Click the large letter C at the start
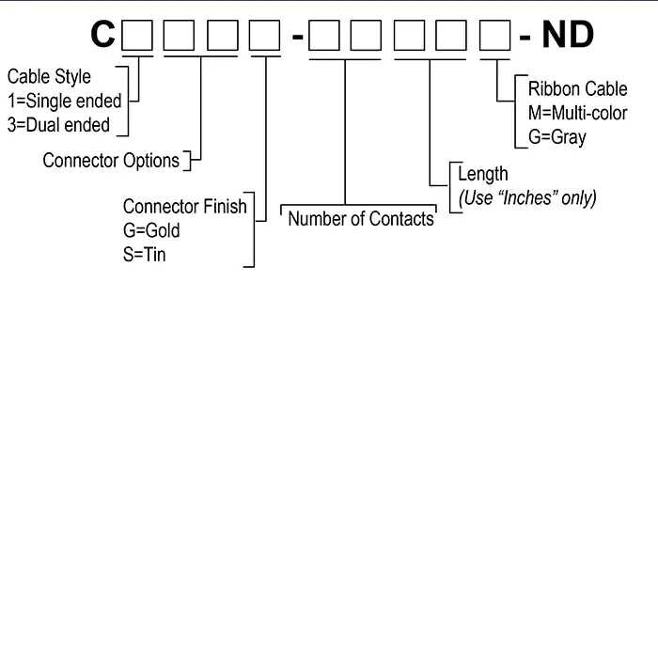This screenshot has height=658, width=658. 102,35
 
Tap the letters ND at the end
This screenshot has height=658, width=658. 568,35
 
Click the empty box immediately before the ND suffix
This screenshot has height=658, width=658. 495,35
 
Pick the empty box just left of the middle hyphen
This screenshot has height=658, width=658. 265,35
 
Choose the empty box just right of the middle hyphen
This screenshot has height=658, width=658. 324,35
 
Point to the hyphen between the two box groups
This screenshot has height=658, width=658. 296,38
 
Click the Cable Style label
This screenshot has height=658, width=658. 49,77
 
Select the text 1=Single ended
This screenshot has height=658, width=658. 64,102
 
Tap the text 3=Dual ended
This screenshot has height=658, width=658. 58,125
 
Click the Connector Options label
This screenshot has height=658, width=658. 111,161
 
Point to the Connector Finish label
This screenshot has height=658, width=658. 184,207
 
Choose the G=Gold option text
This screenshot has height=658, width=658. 151,230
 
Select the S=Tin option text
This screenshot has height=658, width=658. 145,254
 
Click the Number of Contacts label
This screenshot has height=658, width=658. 361,219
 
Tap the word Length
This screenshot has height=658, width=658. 483,174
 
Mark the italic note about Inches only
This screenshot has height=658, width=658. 527,197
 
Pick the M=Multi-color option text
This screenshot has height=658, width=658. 577,114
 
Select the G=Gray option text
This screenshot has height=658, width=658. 556,137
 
